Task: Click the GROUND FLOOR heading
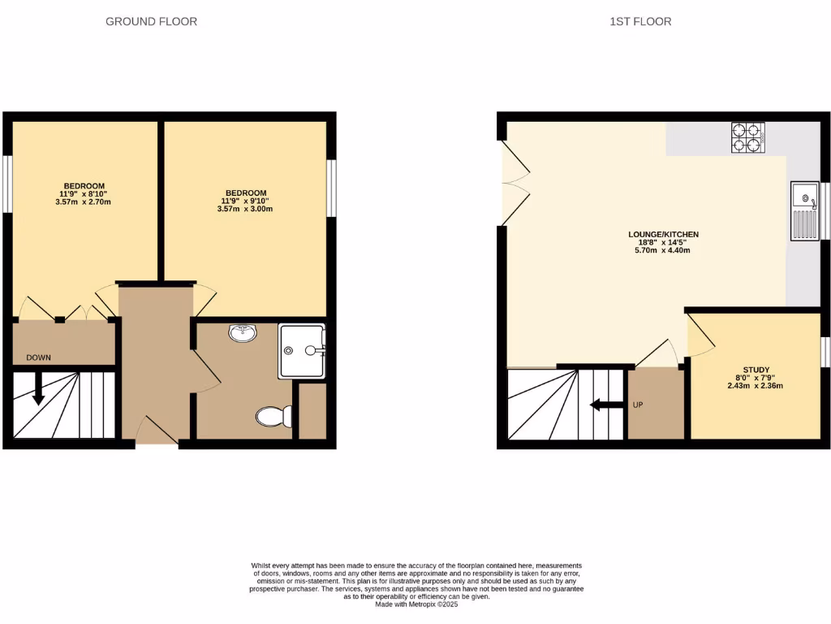pos(151,22)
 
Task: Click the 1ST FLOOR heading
pos(640,22)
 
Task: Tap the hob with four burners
pos(749,137)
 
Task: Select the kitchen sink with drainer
pos(805,210)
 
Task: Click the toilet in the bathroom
pos(274,417)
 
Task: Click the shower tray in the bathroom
pos(302,351)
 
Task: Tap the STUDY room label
pos(756,370)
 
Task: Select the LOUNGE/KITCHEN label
pos(663,235)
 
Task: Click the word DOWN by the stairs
pos(39,357)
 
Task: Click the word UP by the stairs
pos(637,405)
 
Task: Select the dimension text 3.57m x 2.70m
pos(84,201)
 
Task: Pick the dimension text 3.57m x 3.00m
pos(245,209)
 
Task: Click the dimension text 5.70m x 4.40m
pos(663,250)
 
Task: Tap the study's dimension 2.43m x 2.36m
pos(756,386)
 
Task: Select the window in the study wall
pos(825,352)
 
